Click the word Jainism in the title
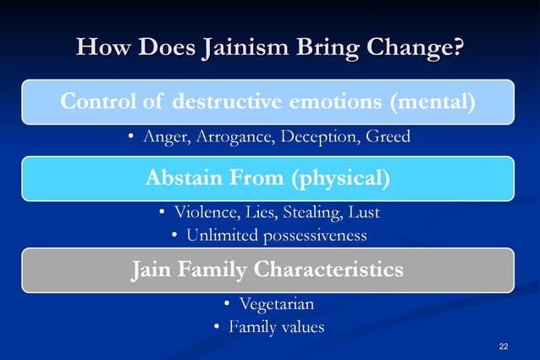coord(240,48)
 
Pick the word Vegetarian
coord(277,304)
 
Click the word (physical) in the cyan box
coord(341,178)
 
